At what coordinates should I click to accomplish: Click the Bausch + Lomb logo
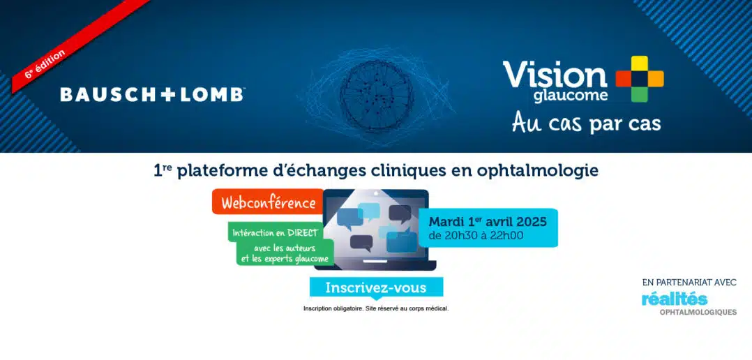coord(152,94)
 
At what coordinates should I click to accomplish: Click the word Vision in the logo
coord(555,75)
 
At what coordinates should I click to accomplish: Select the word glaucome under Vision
coord(571,96)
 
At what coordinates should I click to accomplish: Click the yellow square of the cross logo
coord(639,63)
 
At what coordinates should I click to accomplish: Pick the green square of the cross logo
coord(639,94)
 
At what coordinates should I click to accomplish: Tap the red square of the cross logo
coord(624,79)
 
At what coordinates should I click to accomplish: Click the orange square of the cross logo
coord(656,79)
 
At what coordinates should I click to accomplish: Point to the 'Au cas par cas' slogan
coord(586,122)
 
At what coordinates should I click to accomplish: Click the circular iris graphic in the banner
coord(377,96)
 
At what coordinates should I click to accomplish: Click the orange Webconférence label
coord(268,202)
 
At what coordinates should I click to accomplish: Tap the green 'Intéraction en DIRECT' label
coord(276,233)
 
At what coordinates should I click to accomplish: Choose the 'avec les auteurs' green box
coord(285,253)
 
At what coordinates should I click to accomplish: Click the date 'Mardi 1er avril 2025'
coord(488,222)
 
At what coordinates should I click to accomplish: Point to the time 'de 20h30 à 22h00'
coord(476,235)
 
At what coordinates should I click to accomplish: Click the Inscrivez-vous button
coord(376,287)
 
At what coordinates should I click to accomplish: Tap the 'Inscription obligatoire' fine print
coord(376,308)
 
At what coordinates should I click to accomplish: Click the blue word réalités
coord(675,299)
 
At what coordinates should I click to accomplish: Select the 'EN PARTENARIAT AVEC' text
coord(689,283)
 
